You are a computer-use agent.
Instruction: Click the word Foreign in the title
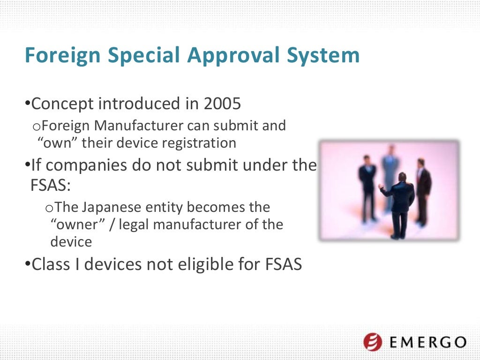62,55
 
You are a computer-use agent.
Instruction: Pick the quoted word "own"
57,142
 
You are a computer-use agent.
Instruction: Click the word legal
135,225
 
